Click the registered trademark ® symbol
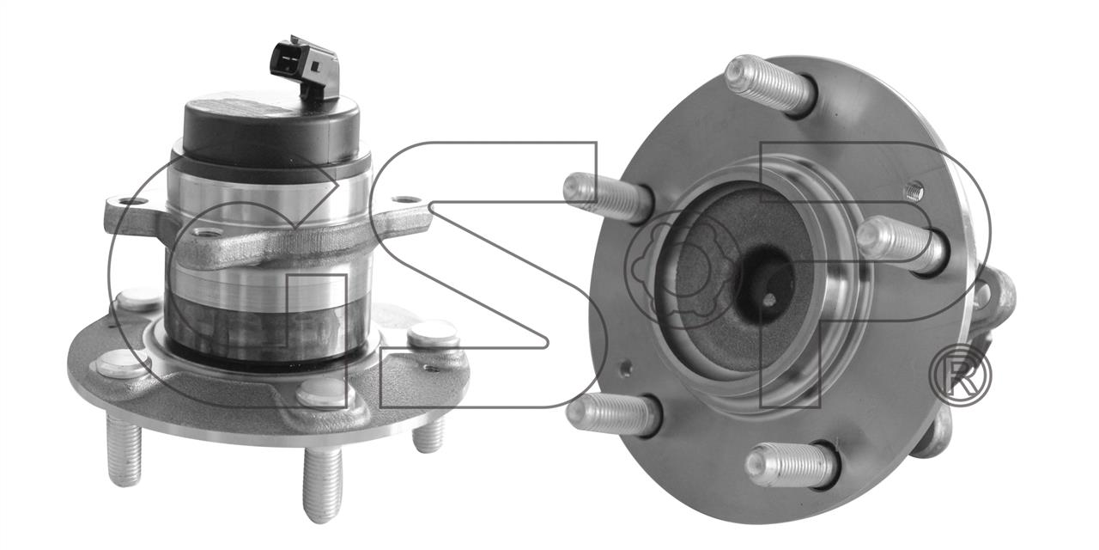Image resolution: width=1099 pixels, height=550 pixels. pyautogui.click(x=960, y=376)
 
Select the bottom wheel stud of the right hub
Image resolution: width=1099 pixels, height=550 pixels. pyautogui.click(x=791, y=465)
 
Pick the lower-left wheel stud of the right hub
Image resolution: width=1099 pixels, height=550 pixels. pyautogui.click(x=613, y=415)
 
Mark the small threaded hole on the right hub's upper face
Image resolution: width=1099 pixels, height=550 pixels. pyautogui.click(x=914, y=190)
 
